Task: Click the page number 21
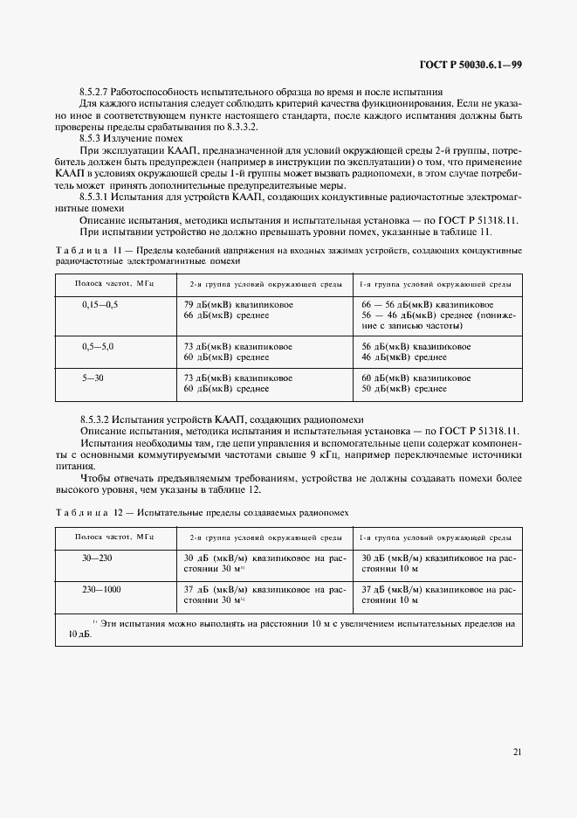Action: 518,752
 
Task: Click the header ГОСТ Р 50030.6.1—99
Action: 471,65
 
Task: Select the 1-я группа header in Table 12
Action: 435,537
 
